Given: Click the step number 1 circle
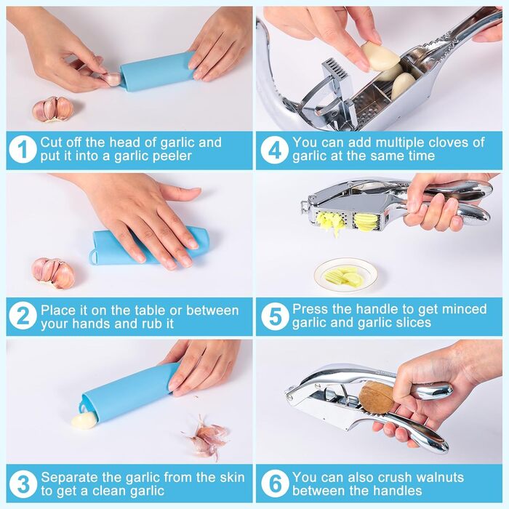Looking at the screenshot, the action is point(23,149).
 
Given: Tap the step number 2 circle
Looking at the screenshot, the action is point(23,316).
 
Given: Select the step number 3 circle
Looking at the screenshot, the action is point(23,484).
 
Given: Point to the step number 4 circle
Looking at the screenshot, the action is point(275,149).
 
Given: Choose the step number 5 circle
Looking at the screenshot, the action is point(275,316).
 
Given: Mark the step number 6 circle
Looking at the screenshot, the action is point(275,484).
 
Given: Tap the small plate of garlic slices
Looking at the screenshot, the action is point(346,276).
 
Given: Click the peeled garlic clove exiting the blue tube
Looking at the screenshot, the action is point(84,421).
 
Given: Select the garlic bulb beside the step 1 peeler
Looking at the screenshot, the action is point(53,109).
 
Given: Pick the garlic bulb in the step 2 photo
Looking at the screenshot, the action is point(53,273).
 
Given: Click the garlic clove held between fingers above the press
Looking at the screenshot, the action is point(380,56).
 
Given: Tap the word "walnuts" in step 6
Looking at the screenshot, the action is point(440,477).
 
